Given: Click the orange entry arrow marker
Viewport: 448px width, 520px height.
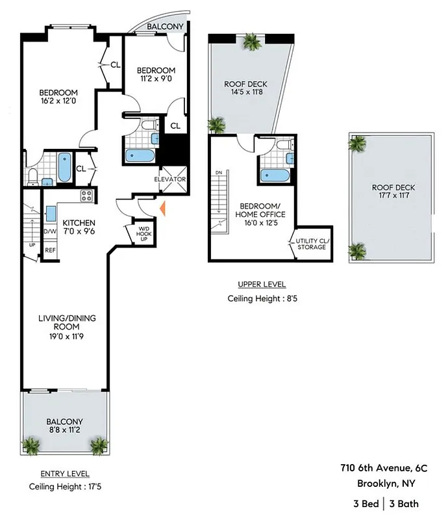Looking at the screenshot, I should click(163, 209).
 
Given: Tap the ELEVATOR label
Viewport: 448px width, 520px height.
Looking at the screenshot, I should click(170, 179).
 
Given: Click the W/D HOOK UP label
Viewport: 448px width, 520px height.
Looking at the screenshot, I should click(143, 232).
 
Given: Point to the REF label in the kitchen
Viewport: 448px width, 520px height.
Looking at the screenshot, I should click(50, 250).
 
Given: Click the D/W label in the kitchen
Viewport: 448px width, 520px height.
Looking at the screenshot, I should click(50, 231).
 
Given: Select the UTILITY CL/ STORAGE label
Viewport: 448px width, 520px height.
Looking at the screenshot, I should click(313, 244).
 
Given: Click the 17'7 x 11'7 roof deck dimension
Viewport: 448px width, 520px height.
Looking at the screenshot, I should click(393, 197).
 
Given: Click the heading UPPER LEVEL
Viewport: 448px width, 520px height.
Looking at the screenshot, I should click(262, 285).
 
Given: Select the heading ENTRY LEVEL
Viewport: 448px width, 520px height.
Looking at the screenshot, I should click(65, 474).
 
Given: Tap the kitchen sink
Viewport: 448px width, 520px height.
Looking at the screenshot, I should click(51, 214).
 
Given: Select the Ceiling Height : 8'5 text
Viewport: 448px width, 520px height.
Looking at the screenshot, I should click(262, 299).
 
